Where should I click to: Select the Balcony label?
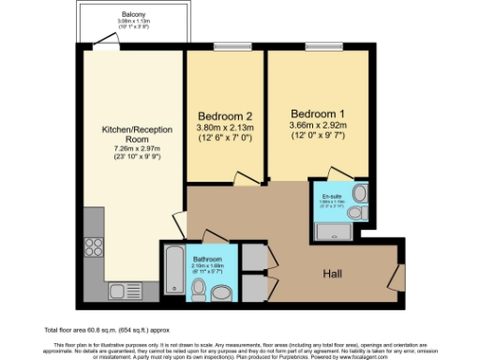pos(133,14)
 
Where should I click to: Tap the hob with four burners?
pos(95,247)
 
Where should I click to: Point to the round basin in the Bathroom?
pos(221,293)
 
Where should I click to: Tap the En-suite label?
pos(335,195)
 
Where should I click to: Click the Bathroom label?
pos(208,259)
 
